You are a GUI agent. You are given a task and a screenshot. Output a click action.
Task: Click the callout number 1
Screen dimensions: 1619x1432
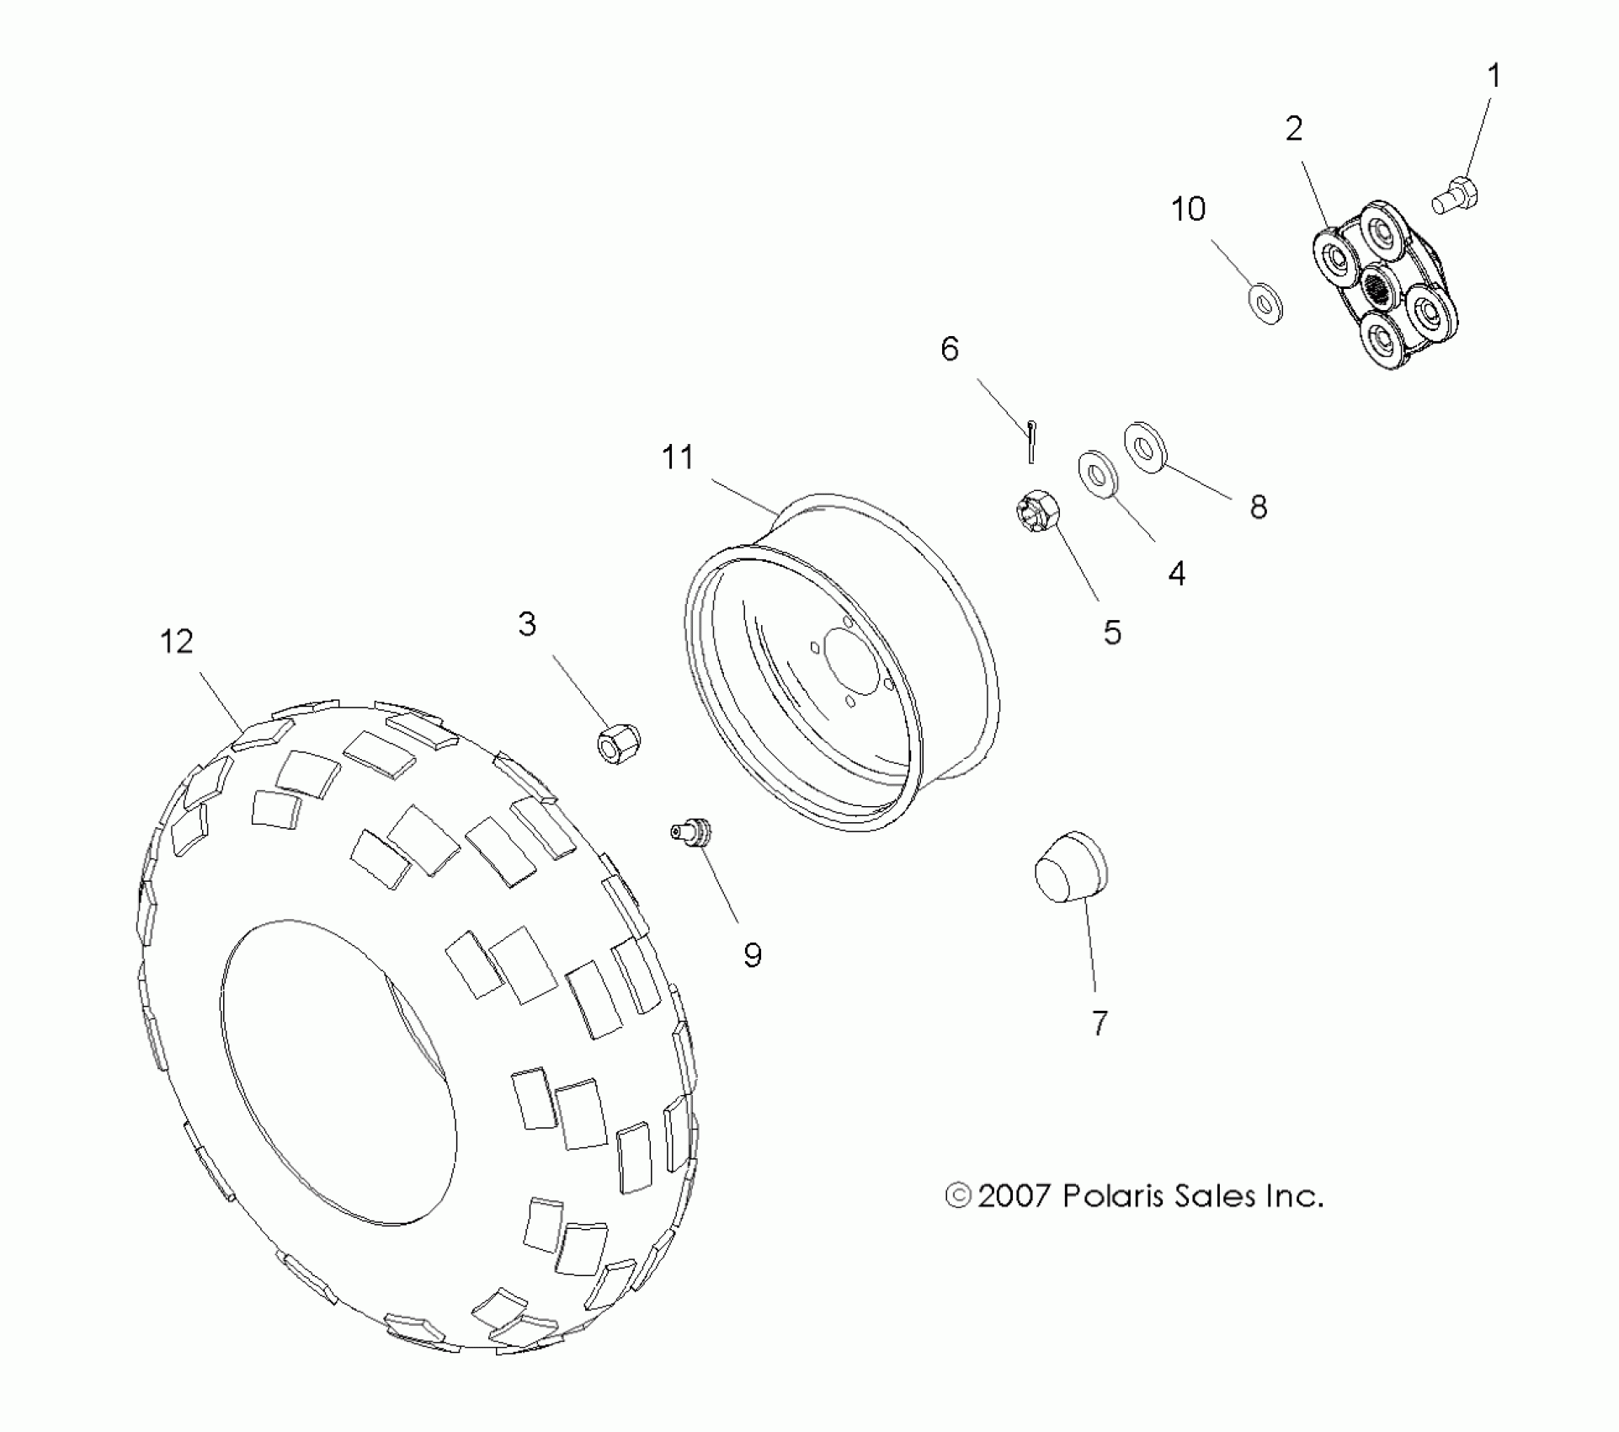click(1494, 77)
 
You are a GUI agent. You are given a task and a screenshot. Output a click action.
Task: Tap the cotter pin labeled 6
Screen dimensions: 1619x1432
click(1031, 440)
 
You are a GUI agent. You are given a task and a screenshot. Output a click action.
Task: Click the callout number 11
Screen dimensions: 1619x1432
click(678, 457)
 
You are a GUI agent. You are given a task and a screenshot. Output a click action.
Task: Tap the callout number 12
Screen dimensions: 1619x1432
click(177, 642)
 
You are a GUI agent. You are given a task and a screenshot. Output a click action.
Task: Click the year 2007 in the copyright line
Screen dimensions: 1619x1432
click(1015, 1196)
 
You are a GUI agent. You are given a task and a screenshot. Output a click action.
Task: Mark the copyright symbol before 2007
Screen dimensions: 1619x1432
click(958, 1196)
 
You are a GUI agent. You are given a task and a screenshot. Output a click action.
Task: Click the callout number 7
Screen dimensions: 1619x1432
click(1100, 1023)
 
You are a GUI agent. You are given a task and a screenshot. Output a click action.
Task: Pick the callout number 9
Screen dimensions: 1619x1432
click(753, 954)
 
